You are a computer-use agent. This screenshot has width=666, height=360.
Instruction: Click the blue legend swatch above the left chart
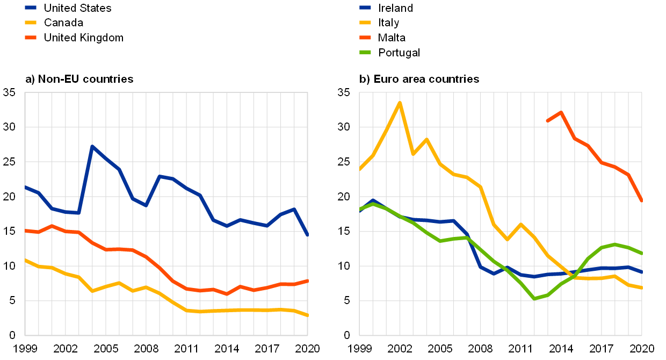31,8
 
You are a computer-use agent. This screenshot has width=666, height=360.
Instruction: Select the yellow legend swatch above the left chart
31,23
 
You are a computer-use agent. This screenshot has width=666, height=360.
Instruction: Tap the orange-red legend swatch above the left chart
31,38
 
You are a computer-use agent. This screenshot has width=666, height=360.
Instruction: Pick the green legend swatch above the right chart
365,52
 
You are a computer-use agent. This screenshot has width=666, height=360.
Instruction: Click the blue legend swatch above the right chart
365,8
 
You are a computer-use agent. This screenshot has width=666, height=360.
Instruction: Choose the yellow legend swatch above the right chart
365,23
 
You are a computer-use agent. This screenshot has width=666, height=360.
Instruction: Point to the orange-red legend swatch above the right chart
365,38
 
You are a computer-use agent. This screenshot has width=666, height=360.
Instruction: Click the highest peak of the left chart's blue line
92,146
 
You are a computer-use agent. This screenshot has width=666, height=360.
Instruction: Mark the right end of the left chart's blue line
307,235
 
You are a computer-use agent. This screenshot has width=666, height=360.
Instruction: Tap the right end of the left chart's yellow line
307,315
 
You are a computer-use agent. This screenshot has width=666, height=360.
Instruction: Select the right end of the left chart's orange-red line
307,280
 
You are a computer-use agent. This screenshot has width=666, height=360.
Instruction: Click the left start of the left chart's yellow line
25,260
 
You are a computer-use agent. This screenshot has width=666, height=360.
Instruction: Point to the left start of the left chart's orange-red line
25,231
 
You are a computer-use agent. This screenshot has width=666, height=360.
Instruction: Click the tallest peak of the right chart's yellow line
400,103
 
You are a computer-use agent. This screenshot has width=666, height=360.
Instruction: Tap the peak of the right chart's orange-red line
561,112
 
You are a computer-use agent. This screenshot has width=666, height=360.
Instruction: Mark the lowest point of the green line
534,299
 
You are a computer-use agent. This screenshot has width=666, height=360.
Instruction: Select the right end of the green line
641,254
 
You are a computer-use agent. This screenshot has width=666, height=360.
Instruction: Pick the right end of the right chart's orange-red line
641,200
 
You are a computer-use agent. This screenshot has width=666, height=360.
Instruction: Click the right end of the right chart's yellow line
641,288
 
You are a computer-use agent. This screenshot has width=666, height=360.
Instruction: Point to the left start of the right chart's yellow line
360,169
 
